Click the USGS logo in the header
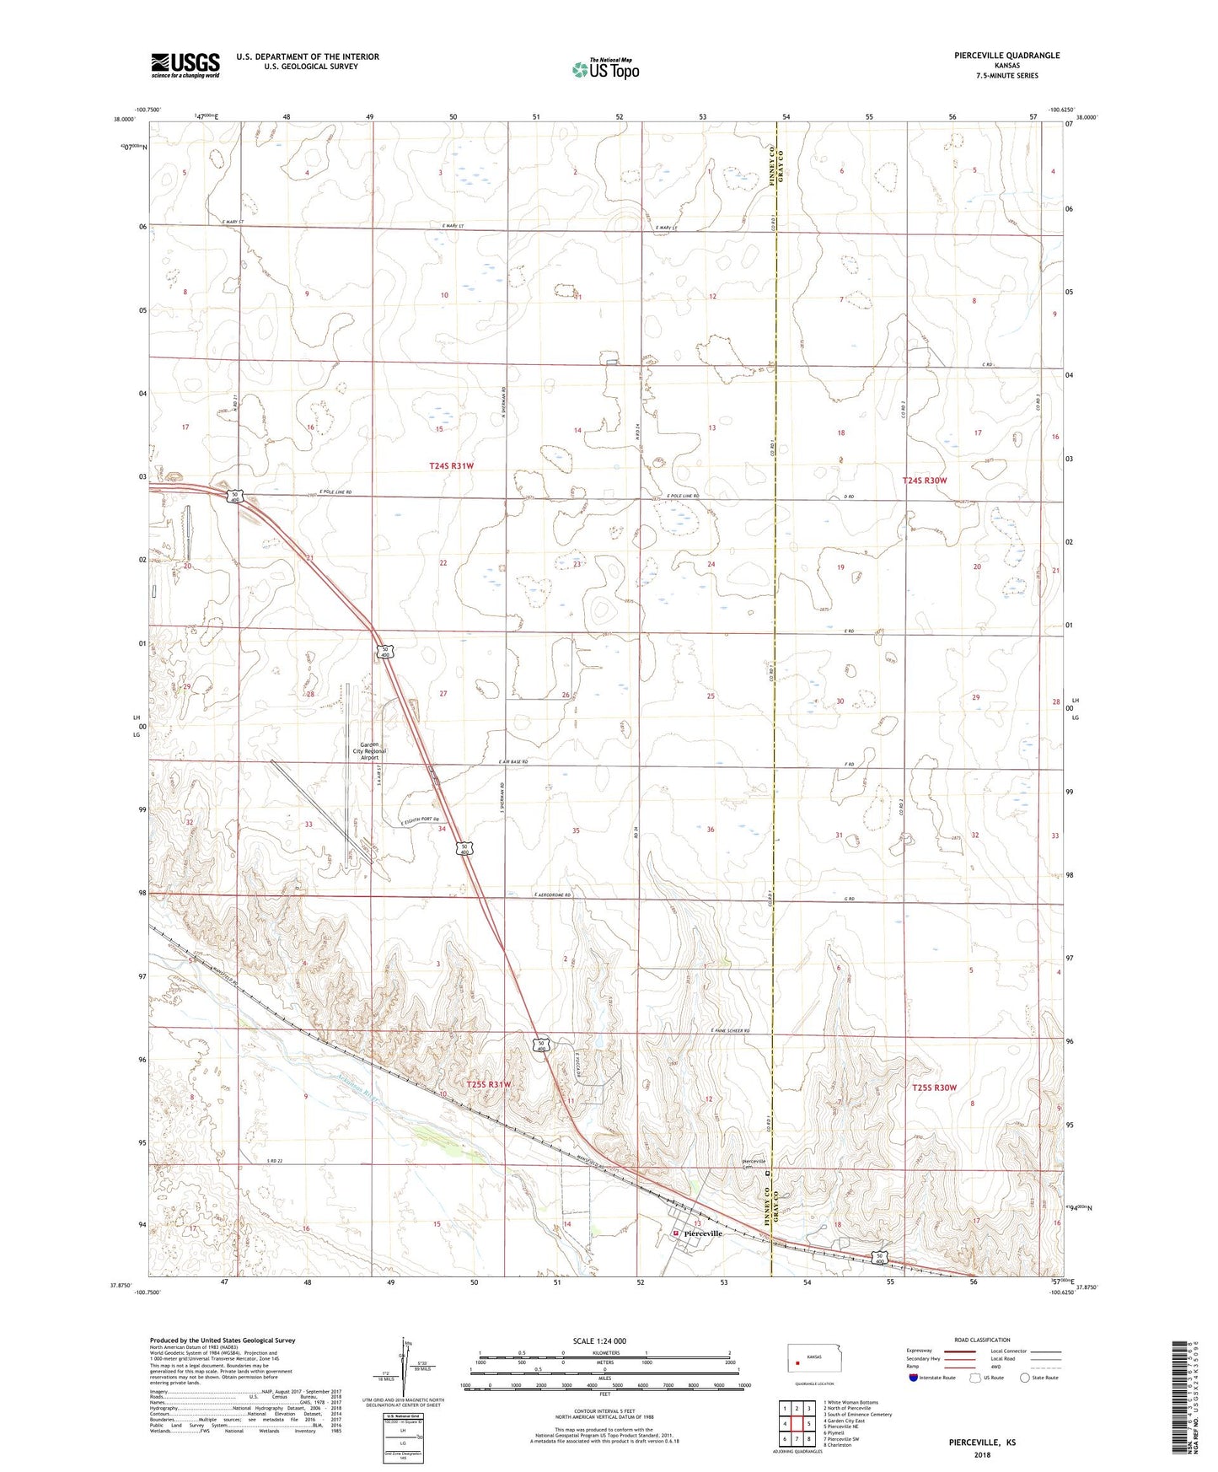pyautogui.click(x=185, y=65)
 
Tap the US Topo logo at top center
pyautogui.click(x=605, y=68)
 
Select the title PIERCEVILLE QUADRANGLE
pyautogui.click(x=995, y=56)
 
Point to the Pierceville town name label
pyautogui.click(x=703, y=1233)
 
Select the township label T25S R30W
pyautogui.click(x=935, y=1088)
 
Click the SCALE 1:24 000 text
pyautogui.click(x=599, y=1340)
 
